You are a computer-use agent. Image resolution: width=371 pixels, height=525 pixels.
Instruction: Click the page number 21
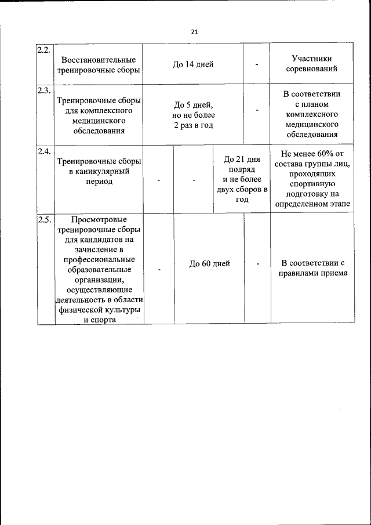tap(194, 31)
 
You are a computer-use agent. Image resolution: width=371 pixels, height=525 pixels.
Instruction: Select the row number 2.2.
tap(44, 49)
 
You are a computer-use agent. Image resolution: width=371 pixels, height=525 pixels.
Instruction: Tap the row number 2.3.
tap(44, 90)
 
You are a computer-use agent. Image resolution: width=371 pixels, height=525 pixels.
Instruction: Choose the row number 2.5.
tap(44, 220)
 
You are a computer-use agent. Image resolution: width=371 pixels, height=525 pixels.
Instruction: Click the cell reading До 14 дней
tap(192, 64)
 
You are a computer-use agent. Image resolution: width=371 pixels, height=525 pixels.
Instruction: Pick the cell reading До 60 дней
tap(209, 263)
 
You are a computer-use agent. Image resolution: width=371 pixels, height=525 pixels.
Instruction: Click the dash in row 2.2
tap(256, 64)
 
